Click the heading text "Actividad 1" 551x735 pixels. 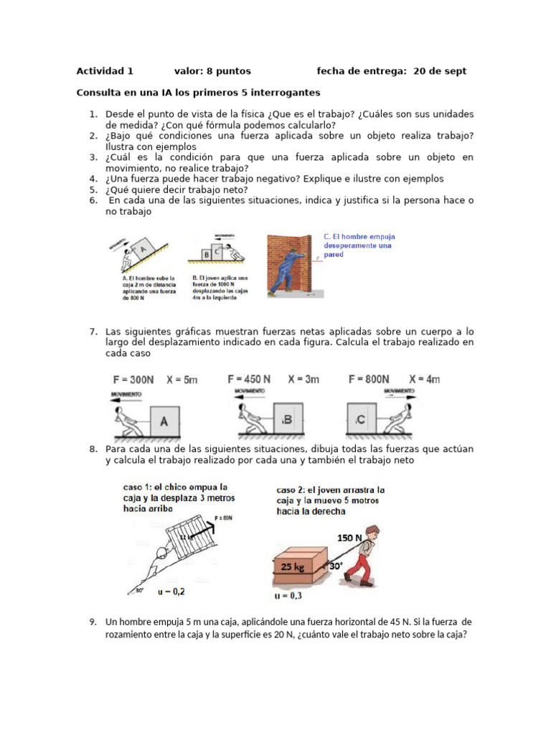[x=105, y=71]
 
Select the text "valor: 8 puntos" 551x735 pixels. [x=212, y=71]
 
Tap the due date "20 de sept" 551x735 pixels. [x=440, y=71]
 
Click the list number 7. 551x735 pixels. [x=93, y=332]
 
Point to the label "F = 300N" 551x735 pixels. [x=132, y=379]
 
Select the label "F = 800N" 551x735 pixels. [x=368, y=379]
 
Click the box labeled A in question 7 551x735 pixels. [x=164, y=422]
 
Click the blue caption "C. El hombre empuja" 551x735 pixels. [x=359, y=236]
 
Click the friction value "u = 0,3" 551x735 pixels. [x=288, y=595]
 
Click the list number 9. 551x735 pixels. [x=93, y=622]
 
